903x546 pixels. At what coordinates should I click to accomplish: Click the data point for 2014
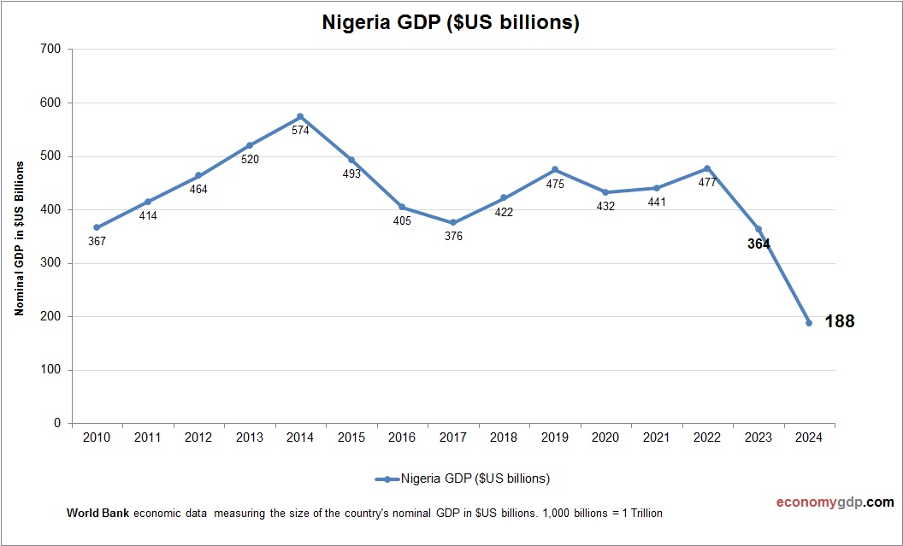click(x=300, y=116)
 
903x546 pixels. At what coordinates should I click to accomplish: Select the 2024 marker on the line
click(x=809, y=323)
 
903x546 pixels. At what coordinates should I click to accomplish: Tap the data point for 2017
click(x=453, y=222)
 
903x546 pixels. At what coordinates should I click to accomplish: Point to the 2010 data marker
click(x=97, y=227)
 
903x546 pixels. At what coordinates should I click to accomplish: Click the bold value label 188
click(x=840, y=322)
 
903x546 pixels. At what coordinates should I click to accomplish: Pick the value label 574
click(x=300, y=131)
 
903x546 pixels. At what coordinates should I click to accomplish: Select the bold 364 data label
click(x=758, y=244)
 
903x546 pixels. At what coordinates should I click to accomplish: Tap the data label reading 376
click(x=453, y=237)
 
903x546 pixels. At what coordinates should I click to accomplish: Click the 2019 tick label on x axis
click(x=555, y=437)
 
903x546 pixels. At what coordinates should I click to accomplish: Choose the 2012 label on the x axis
click(x=198, y=437)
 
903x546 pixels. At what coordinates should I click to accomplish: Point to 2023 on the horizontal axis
click(x=758, y=437)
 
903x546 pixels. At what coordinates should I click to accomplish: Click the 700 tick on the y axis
click(x=50, y=50)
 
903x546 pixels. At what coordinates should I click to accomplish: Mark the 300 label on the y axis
click(x=50, y=263)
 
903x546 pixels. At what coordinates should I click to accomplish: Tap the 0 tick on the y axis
click(x=57, y=423)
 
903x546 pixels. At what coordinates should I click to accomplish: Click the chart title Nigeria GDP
click(x=451, y=23)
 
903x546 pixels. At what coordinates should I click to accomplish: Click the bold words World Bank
click(x=97, y=514)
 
